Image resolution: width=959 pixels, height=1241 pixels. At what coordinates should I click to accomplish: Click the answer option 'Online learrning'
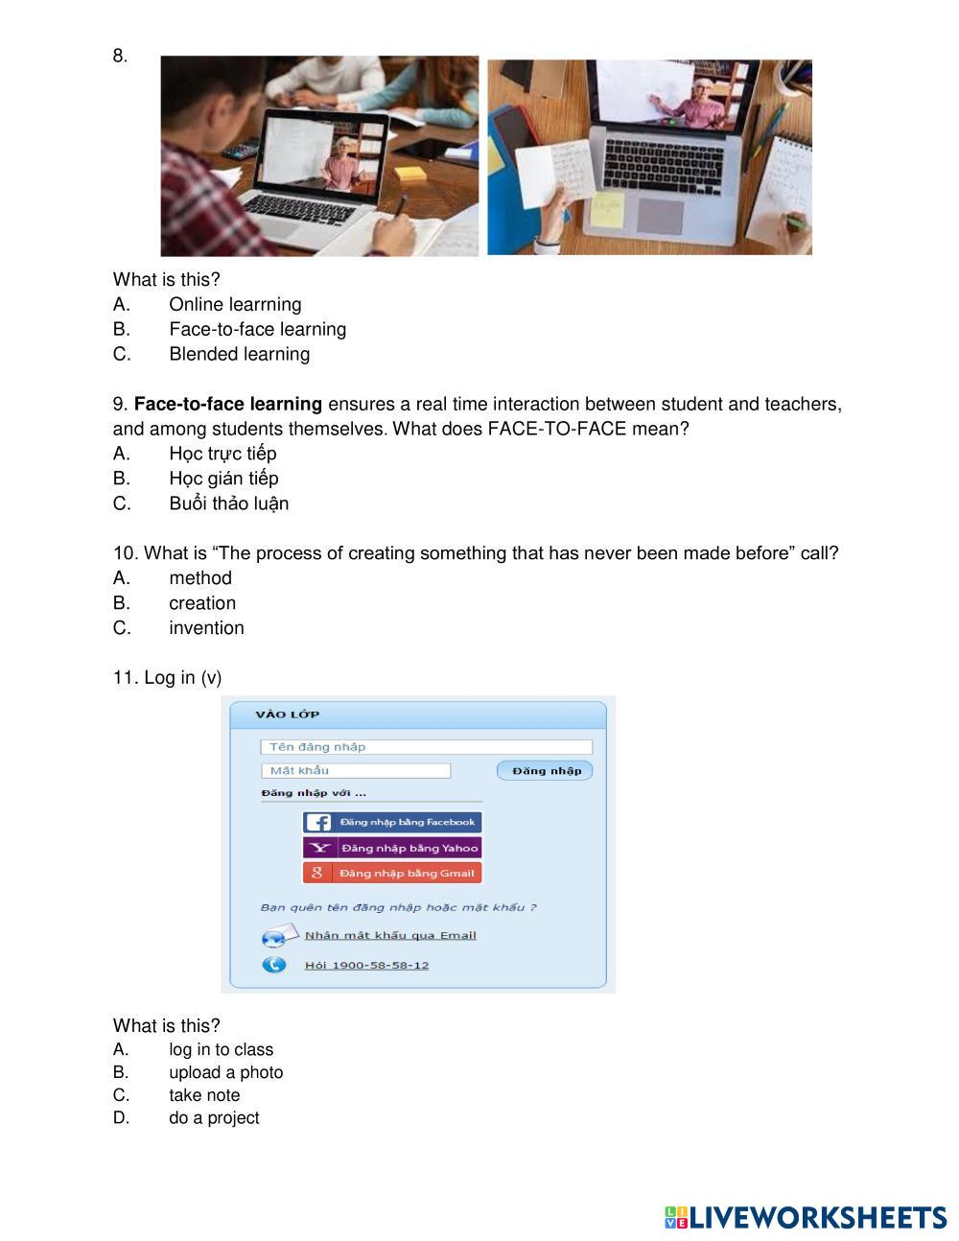[x=235, y=304]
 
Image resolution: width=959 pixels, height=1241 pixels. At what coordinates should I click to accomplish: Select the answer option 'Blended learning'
[x=239, y=354]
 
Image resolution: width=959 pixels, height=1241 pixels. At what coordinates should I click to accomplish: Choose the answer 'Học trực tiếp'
[x=222, y=454]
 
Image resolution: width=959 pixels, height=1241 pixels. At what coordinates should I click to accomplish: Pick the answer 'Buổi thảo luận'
[x=228, y=503]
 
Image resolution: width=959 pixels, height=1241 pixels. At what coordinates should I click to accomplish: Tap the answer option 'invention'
[x=206, y=628]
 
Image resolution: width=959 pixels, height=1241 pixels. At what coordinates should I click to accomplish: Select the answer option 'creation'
[x=202, y=603]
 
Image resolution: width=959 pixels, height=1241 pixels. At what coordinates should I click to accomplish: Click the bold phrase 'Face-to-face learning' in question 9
[x=228, y=404]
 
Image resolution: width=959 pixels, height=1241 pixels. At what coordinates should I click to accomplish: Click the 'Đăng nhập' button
[x=546, y=770]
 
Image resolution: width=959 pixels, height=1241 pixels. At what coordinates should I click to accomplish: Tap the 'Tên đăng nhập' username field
[x=426, y=747]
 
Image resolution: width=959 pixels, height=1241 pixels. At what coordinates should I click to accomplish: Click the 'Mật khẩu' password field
[x=355, y=770]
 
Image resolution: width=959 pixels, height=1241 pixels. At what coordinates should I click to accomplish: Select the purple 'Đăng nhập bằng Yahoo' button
[x=392, y=848]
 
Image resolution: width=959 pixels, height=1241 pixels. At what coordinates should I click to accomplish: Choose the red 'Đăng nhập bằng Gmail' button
[x=392, y=873]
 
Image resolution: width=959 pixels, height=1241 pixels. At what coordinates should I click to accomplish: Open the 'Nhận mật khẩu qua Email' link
[x=390, y=935]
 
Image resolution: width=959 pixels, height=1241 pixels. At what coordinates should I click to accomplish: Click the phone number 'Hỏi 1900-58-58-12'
[x=366, y=965]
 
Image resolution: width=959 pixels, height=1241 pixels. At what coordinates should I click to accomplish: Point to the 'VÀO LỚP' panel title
[x=288, y=714]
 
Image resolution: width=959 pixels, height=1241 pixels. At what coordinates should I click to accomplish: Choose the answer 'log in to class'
[x=221, y=1050]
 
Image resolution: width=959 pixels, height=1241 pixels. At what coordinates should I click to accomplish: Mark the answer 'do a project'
[x=214, y=1118]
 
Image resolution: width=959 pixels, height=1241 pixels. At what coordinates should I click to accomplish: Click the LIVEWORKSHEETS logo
[x=806, y=1217]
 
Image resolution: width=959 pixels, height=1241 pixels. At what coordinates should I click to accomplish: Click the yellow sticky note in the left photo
[x=410, y=175]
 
